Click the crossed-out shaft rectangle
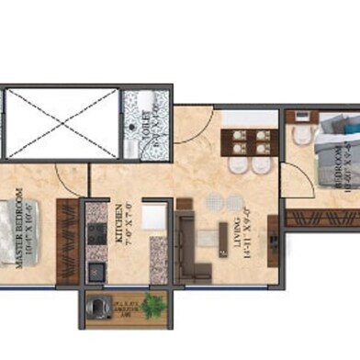pyautogui.click(x=61, y=124)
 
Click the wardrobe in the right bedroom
pyautogui.click(x=321, y=218)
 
